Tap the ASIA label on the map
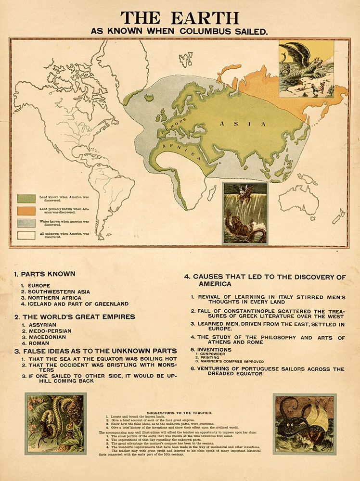coord(243,124)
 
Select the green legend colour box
coord(26,198)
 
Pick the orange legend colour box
coord(26,211)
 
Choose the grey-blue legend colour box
coord(26,223)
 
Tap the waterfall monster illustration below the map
coord(245,214)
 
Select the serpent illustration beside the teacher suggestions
coord(56,423)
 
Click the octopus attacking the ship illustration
coord(304,424)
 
